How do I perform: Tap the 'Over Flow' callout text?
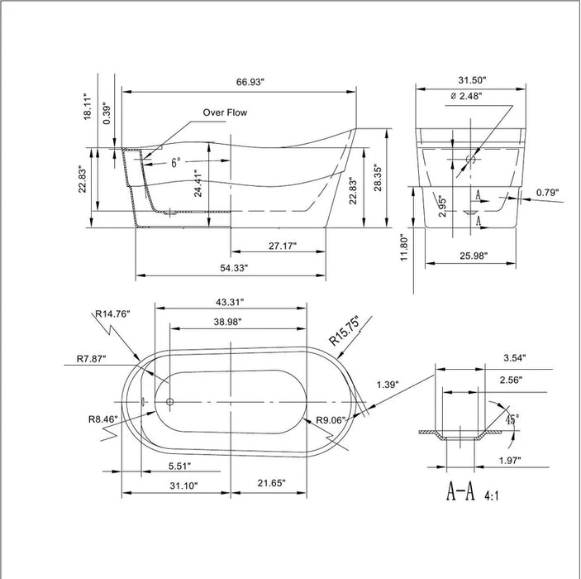click(x=225, y=112)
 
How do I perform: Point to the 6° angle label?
click(x=176, y=164)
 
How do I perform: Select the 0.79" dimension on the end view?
click(x=546, y=193)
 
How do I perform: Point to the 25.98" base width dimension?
click(x=469, y=256)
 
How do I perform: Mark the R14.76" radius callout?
click(x=113, y=313)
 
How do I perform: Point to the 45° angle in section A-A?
click(x=512, y=420)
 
